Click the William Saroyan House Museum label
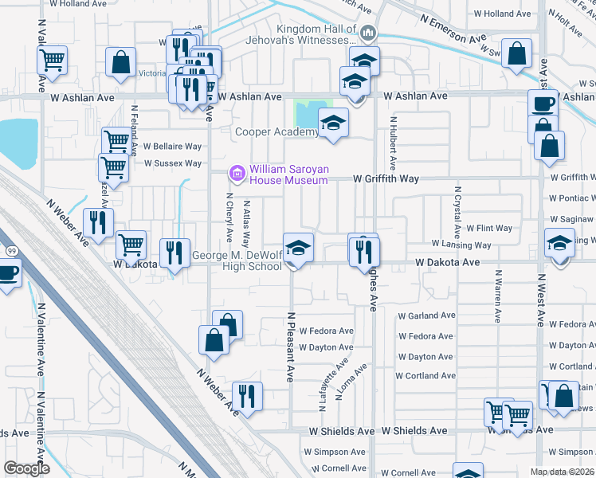pos(288,174)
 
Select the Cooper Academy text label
pos(276,132)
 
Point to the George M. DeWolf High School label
pos(237,261)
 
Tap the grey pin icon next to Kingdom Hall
pos(368,33)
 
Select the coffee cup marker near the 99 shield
pos(8,273)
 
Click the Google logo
pos(25,468)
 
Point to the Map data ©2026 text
pos(563,471)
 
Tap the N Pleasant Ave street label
pos(291,346)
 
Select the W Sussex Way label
pos(172,163)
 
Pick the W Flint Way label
pos(489,228)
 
